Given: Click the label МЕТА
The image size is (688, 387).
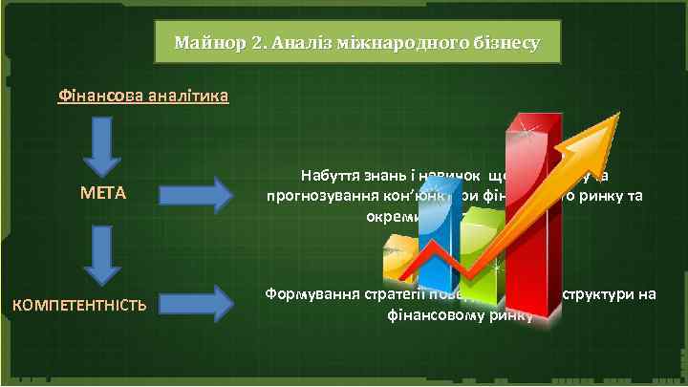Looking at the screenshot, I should [x=102, y=195].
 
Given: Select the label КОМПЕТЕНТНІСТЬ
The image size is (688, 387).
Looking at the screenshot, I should [x=79, y=306].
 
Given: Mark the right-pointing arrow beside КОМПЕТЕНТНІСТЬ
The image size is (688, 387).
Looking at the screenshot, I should [x=195, y=304].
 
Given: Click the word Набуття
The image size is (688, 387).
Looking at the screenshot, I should [x=328, y=176].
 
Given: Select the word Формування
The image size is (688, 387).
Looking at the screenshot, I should [x=303, y=293].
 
